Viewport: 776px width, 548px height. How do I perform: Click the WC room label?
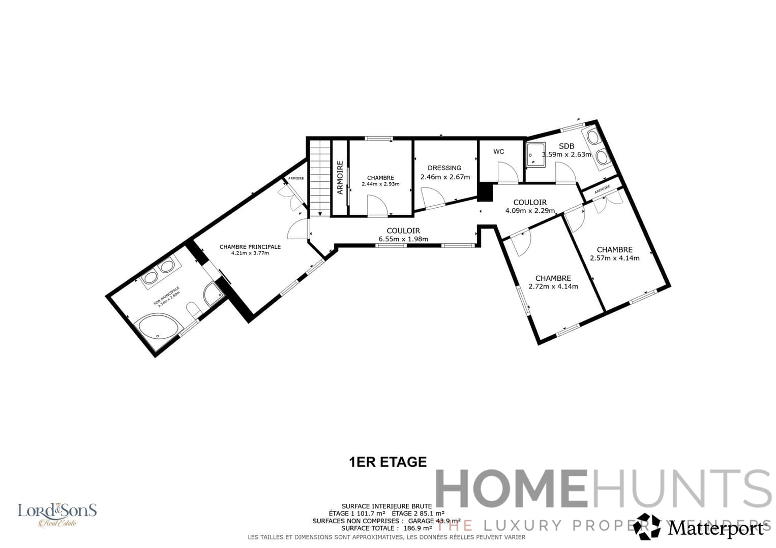[x=498, y=152]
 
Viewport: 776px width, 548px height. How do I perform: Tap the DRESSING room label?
[x=444, y=168]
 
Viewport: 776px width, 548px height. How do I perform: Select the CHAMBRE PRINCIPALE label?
[x=250, y=247]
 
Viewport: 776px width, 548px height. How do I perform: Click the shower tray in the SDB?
[x=534, y=153]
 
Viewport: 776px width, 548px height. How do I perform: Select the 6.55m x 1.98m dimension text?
[x=403, y=239]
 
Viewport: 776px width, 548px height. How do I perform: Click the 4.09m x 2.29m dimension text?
[x=530, y=211]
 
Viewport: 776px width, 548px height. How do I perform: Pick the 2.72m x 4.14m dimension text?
[x=553, y=286]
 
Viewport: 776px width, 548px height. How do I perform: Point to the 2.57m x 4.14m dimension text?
[x=614, y=258]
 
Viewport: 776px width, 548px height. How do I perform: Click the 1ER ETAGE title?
[x=387, y=462]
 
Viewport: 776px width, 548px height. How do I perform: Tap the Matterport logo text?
[x=716, y=529]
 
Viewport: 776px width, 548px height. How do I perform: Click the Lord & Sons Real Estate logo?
[x=57, y=514]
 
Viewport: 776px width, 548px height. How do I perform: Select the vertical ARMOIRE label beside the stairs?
[x=340, y=178]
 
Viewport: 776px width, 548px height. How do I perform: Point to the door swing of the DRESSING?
[x=432, y=198]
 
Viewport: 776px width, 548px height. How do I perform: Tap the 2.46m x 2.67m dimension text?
[x=445, y=177]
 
